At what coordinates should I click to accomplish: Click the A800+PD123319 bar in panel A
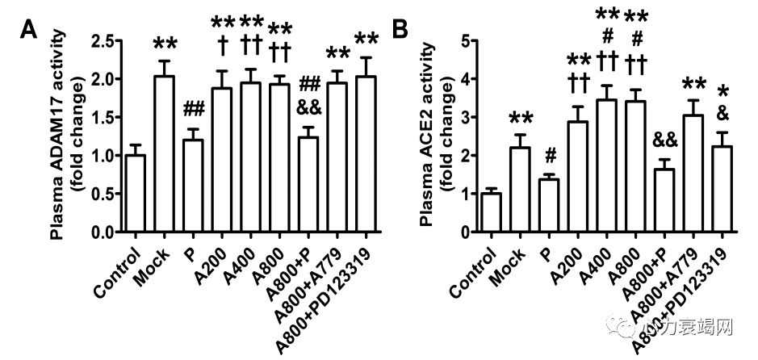[366, 153]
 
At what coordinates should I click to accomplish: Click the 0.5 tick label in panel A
[103, 194]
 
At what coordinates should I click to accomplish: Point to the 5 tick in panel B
[466, 39]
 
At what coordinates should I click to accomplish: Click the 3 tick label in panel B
[466, 116]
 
